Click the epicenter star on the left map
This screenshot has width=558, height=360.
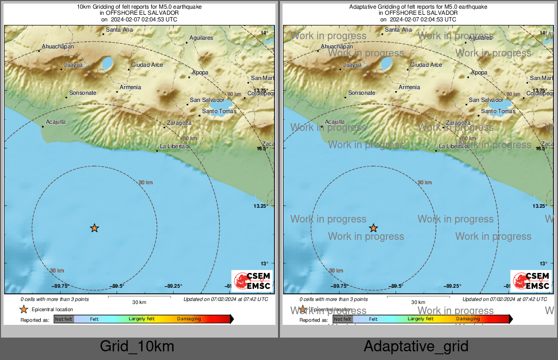pos(94,228)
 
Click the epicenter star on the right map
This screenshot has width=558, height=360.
pos(373,228)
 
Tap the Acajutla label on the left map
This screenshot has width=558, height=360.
pos(56,122)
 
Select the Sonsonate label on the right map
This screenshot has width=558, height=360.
pos(361,93)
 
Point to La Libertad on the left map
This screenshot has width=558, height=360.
pos(174,146)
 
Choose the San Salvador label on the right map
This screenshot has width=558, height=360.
pos(486,100)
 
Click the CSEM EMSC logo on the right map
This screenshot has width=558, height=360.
pos(531,281)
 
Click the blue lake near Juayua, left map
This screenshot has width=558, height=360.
pos(107,64)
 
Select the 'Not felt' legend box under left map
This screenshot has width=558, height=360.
pos(64,319)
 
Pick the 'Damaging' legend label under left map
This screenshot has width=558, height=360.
pos(189,319)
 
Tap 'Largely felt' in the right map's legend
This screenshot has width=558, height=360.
pos(421,319)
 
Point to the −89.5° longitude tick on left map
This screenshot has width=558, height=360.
pos(118,286)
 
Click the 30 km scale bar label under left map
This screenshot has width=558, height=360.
pos(139,302)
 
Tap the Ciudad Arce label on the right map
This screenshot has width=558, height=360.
pos(426,65)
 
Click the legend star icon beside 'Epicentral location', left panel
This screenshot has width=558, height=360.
pos(23,309)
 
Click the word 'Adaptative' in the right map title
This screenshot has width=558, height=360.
pos(365,7)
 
